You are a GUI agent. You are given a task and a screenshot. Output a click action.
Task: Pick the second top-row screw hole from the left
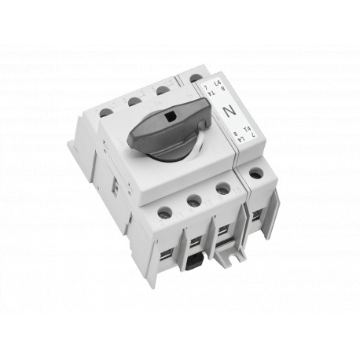coord(134,100)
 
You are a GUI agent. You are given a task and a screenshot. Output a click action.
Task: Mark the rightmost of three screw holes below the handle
coord(222,189)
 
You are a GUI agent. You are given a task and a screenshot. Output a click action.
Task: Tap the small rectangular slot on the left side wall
coord(114,187)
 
